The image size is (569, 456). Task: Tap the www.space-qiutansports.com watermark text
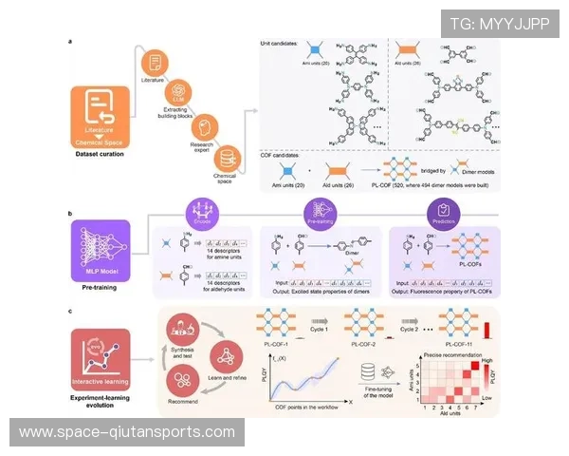point(127,431)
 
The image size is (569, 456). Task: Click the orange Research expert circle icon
point(202,123)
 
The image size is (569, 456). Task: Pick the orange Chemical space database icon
point(227,157)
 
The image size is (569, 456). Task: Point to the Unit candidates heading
point(284,44)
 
